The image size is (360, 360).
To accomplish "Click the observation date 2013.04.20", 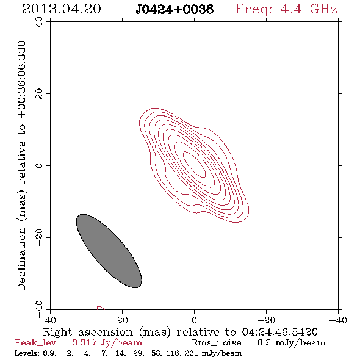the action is (x=62, y=9).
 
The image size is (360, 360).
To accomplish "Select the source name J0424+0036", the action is (x=175, y=9).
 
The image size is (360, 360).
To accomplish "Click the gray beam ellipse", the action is (x=109, y=251).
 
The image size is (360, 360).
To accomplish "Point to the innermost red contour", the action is (x=194, y=164).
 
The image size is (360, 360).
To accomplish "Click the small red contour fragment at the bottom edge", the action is (x=101, y=308).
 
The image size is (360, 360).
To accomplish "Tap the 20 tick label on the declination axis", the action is (x=39, y=94).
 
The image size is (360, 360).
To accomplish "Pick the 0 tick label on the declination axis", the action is (x=39, y=165).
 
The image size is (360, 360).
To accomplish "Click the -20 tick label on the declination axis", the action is (x=39, y=237).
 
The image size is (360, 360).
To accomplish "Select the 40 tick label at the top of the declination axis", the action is (x=39, y=22).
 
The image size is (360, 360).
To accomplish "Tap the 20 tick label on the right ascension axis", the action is (x=122, y=320).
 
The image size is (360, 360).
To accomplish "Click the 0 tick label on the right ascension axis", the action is (x=194, y=320).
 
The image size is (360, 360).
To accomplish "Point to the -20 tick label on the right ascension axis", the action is (x=266, y=320).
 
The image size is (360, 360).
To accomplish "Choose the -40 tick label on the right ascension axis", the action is (x=338, y=320).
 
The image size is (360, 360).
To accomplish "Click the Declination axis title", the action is (x=22, y=165).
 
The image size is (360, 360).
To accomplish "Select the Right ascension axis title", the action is (x=180, y=332).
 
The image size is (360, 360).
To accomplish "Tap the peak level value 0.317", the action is (x=84, y=342).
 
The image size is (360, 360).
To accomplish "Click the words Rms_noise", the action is (x=220, y=343).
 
